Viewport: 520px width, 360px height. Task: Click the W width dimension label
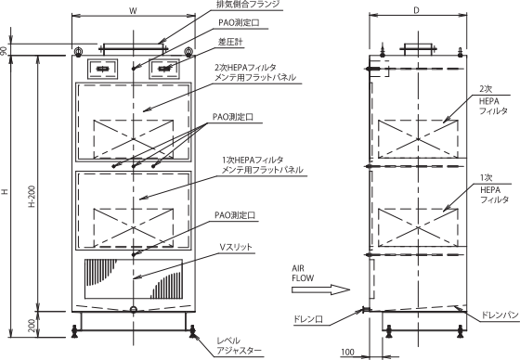133,10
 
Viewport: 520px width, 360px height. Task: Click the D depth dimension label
417,10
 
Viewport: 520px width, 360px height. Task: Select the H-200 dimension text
32,197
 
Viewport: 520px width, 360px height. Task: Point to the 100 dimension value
347,352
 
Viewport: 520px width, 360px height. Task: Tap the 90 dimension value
4,51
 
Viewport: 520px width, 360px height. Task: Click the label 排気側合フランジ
248,5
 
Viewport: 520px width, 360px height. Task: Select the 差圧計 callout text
230,42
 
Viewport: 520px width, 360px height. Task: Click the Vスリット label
236,248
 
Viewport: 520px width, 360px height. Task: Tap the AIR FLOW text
303,273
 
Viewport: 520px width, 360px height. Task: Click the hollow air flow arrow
320,289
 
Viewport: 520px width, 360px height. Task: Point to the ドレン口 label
308,319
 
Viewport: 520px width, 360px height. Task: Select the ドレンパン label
500,315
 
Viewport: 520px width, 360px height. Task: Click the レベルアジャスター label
239,346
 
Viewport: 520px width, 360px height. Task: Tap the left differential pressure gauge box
102,69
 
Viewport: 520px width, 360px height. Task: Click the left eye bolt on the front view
78,51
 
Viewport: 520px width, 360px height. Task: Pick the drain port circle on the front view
134,310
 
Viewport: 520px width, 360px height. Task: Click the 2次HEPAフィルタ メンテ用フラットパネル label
254,72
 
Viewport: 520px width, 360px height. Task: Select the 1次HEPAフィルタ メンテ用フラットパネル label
262,165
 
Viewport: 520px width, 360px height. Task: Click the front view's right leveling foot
191,331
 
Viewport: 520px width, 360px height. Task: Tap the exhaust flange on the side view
418,49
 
